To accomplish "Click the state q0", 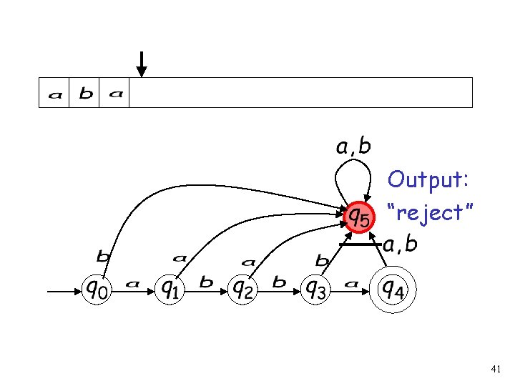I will [x=98, y=289].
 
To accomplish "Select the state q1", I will [x=170, y=289].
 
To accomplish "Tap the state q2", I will [x=242, y=289].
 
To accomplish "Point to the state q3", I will [x=316, y=289].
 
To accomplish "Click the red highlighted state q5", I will [x=358, y=215].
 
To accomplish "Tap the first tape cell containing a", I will [x=54, y=94].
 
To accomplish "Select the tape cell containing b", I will [x=85, y=94].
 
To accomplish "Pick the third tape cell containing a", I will [x=115, y=94].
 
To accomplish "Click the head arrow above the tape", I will [x=142, y=64].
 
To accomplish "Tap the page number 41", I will [x=496, y=369].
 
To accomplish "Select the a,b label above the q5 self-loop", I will [x=354, y=147].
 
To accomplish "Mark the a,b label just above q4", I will [x=400, y=246].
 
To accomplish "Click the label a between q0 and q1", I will [x=132, y=284].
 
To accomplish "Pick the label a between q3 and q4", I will [x=351, y=284].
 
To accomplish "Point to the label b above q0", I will [x=104, y=255].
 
